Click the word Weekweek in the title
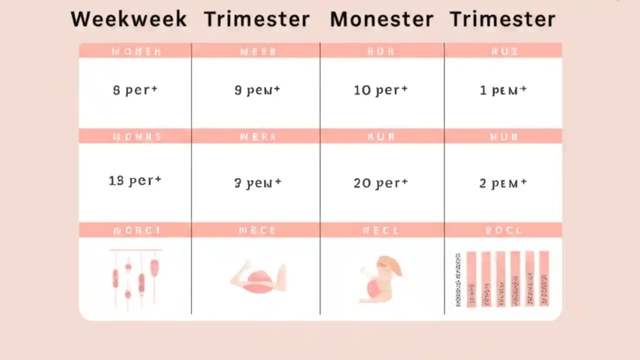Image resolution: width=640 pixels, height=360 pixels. [x=128, y=19]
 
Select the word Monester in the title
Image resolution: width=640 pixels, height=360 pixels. [x=381, y=19]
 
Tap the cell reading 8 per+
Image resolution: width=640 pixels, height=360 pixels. [x=135, y=90]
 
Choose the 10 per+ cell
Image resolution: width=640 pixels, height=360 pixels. [x=381, y=90]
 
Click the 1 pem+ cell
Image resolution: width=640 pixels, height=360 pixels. [x=503, y=90]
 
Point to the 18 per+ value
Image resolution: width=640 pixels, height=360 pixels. [x=135, y=180]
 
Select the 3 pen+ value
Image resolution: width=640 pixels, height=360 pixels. [x=257, y=183]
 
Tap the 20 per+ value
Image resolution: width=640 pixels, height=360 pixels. [x=381, y=183]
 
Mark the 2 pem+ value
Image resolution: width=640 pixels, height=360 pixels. [x=503, y=183]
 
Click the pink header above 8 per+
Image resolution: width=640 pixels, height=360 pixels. [x=135, y=50]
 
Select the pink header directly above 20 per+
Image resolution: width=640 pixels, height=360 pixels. [x=381, y=136]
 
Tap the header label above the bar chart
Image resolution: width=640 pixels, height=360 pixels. [x=503, y=230]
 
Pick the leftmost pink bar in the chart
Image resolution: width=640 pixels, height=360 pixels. [x=471, y=278]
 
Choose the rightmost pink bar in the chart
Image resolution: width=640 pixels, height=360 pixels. [x=544, y=278]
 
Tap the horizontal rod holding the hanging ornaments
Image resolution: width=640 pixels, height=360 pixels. [x=135, y=250]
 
